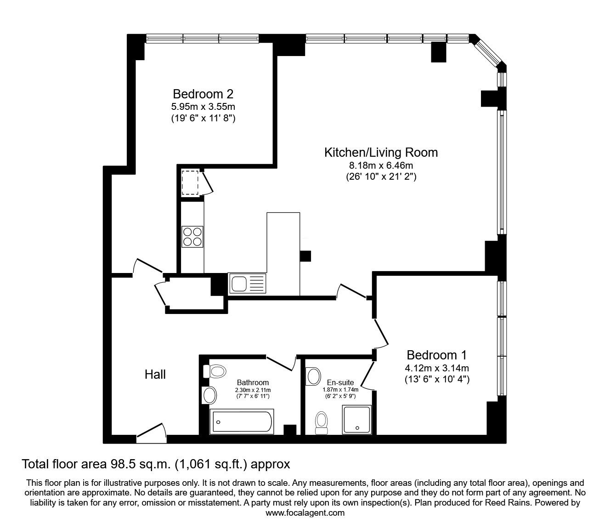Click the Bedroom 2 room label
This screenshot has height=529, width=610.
point(203,94)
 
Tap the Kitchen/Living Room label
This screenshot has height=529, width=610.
point(381,153)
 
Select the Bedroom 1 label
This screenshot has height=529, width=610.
point(437,355)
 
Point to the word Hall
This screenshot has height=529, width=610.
point(155,375)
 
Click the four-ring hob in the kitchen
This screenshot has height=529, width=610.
point(192,237)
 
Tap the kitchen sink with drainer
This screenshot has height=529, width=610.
point(247,284)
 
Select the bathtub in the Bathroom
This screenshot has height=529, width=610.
point(242,421)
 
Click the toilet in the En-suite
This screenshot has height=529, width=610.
point(322,423)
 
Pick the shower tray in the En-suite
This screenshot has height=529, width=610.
point(357,420)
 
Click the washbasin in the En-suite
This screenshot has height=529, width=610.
point(313,376)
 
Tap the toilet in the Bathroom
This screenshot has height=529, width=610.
point(215,371)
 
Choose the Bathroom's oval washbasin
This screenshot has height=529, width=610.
point(209,395)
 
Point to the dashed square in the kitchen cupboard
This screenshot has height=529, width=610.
point(190,182)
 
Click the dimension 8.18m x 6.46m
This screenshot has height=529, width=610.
point(381,165)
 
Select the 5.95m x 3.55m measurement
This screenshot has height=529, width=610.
point(203,106)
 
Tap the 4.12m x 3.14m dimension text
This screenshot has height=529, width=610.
point(437,368)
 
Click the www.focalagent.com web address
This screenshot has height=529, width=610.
point(305,513)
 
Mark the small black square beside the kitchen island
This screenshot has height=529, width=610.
point(305,256)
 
